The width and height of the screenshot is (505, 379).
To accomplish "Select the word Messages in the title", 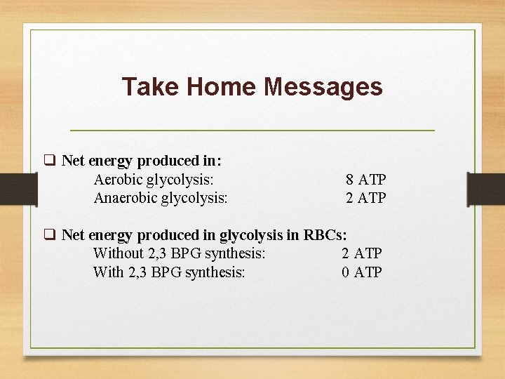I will tap(323, 87).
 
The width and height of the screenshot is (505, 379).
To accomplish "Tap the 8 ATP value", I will tap(365, 180).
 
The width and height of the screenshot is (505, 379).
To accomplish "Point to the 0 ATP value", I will tap(362, 272).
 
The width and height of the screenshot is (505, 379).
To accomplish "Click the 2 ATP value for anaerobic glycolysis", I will tap(365, 198).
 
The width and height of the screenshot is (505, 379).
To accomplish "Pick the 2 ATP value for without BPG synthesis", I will tap(362, 253).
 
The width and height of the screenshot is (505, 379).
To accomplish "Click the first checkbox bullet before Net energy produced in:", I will tap(50, 161).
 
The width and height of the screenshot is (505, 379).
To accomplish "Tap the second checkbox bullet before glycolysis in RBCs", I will tap(50, 234).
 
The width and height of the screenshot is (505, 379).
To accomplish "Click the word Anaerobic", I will tap(126, 198).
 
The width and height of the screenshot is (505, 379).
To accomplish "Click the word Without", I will tap(118, 253).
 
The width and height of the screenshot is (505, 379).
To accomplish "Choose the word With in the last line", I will tap(109, 272).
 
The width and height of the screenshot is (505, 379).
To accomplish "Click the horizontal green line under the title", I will tap(252, 131).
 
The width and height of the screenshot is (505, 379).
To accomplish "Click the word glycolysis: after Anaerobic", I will tap(194, 198).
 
